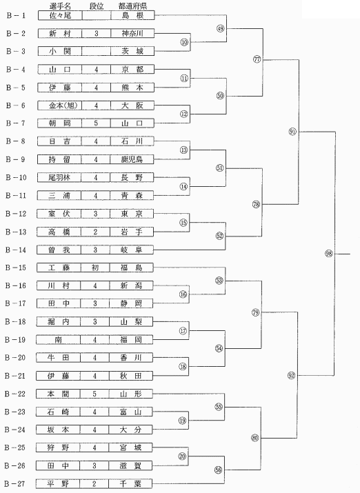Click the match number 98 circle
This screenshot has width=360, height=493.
coord(328,254)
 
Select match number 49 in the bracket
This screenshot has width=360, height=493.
coord(221,28)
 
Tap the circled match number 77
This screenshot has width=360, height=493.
coord(257,59)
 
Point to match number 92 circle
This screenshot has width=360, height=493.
coord(292,375)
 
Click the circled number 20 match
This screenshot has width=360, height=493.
coord(182,456)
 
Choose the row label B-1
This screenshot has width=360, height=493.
coord(16,15)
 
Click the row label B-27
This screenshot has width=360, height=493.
coord(14,483)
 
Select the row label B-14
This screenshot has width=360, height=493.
coord(15,250)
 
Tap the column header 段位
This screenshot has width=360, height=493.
coord(97,6)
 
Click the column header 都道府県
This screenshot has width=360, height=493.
coord(132,6)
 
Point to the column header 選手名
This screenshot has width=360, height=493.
coord(60,6)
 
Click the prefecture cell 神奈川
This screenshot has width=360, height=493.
coord(132,33)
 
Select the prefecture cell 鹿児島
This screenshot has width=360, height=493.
coord(132,159)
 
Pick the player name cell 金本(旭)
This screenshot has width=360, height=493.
coord(60,105)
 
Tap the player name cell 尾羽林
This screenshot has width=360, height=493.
coord(59,178)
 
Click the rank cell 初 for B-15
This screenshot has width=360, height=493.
coord(95,268)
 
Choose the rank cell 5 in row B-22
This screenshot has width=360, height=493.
coord(94,394)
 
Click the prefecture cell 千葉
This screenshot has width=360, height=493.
coord(130,483)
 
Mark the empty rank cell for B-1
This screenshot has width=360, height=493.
coord(97,15)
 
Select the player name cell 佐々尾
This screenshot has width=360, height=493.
coord(60,15)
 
